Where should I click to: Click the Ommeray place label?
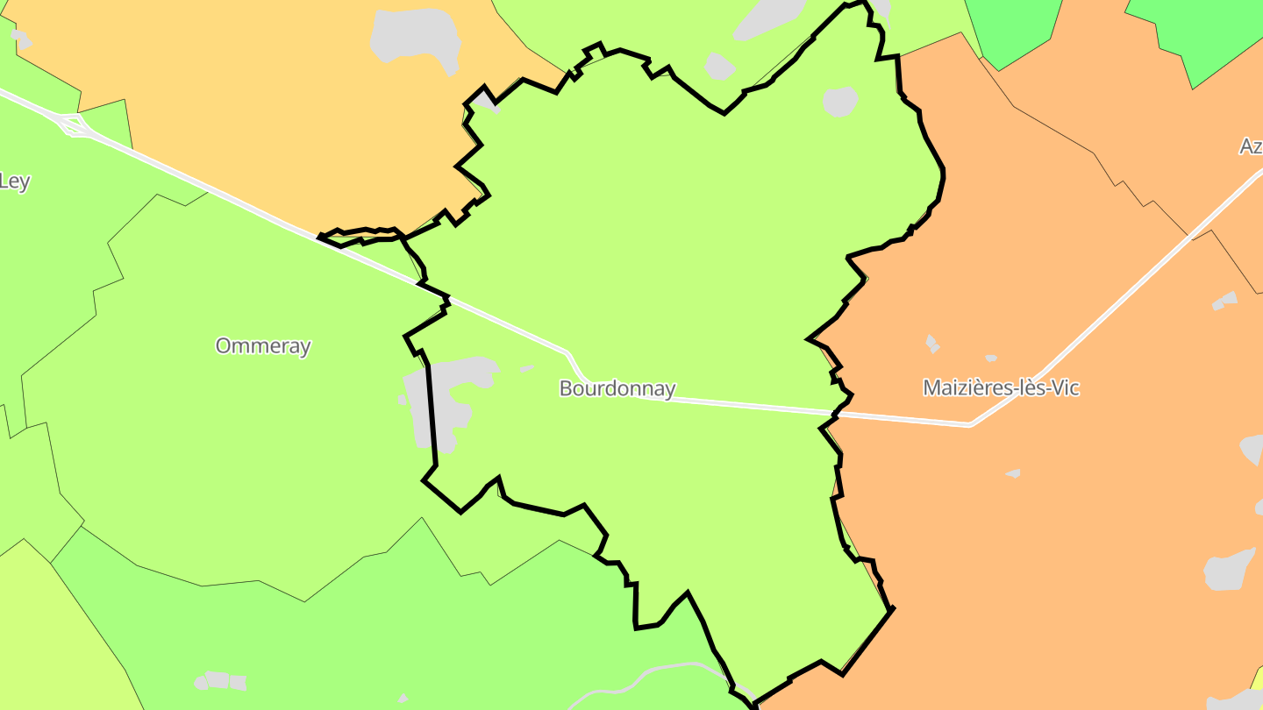pos(263,345)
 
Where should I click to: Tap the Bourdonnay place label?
pos(617,388)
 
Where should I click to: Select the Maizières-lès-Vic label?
pos(1001,387)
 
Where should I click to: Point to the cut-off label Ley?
pos(14,181)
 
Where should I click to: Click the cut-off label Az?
pos(1250,146)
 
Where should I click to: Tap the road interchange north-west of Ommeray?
pos(74,126)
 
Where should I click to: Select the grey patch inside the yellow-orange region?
pos(417,39)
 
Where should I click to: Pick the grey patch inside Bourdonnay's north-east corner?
pos(840,101)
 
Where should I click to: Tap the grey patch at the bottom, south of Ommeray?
pos(220,680)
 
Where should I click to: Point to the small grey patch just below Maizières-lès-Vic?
pos(1013,473)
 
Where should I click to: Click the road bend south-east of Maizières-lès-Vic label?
pos(971,424)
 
